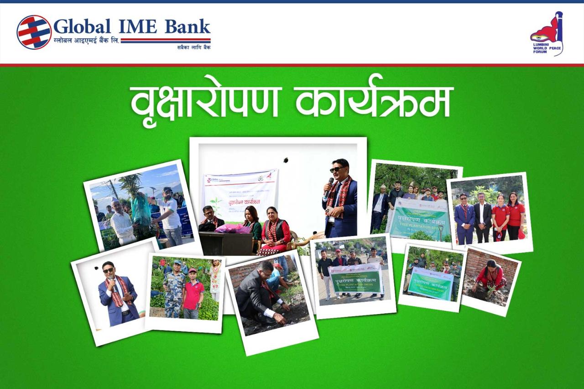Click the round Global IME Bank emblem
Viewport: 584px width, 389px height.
[34, 32]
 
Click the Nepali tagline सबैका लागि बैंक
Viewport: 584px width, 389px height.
[193, 47]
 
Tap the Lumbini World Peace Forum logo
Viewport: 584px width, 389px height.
[547, 34]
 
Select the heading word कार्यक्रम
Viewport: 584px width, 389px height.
[374, 101]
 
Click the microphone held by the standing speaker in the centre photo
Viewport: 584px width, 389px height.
[329, 185]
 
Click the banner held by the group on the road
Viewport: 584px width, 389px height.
[356, 279]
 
